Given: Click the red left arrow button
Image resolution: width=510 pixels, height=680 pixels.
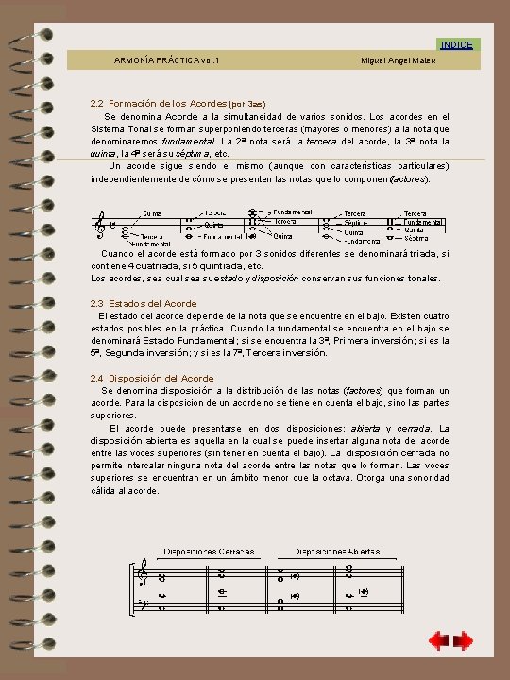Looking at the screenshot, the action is click(437, 642).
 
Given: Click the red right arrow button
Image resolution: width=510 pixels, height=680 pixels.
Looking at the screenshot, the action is click(463, 642).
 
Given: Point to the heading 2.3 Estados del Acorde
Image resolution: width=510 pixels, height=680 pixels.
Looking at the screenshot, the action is click(144, 303).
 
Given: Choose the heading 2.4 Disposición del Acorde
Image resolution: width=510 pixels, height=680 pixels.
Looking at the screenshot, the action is click(152, 378).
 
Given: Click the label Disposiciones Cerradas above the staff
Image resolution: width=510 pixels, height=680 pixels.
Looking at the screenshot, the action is click(202, 551).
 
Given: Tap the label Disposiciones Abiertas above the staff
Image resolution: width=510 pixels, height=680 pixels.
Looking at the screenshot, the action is click(337, 551).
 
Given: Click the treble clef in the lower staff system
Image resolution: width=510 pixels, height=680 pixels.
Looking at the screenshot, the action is click(144, 572).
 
